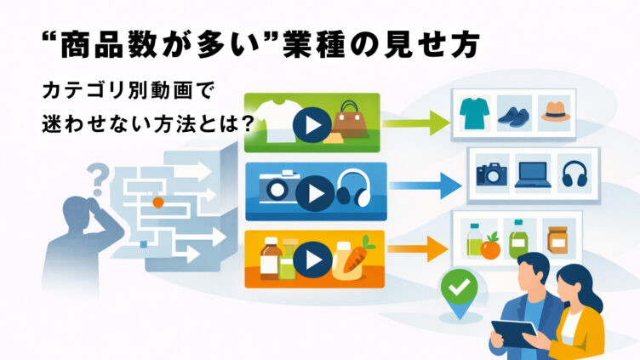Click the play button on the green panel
[x=312, y=125]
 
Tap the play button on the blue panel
[x=315, y=193]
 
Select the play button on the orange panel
[x=312, y=260]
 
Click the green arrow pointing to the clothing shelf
[x=415, y=123]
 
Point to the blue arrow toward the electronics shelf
[x=425, y=186]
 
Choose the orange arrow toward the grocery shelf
[x=418, y=249]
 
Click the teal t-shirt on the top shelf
[x=474, y=112]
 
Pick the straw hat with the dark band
[x=556, y=111]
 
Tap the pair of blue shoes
[x=514, y=117]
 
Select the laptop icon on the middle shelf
[x=533, y=174]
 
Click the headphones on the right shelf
[x=574, y=174]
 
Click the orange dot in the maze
[x=158, y=203]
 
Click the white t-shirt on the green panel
[x=277, y=121]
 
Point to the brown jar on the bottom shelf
[x=557, y=240]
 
